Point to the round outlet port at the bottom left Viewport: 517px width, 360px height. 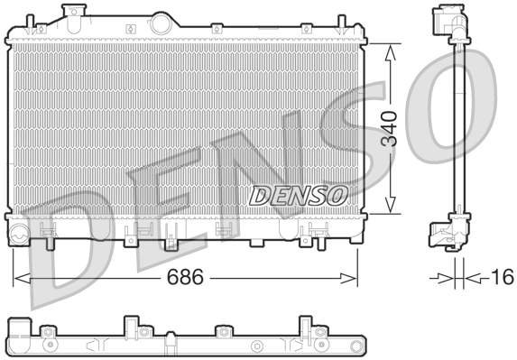tap(19, 237)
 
